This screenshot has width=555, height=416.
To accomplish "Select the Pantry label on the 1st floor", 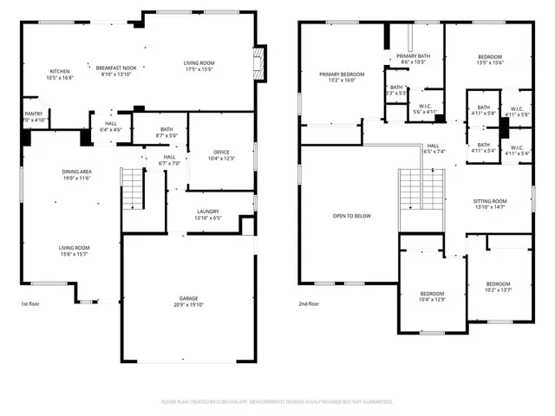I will click(x=34, y=114).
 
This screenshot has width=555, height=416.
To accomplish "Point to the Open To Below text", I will click(x=352, y=216).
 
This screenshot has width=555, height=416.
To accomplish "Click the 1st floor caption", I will click(x=31, y=304).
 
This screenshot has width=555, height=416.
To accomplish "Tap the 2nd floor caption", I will click(x=309, y=304).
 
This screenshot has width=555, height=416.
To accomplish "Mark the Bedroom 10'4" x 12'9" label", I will click(x=432, y=296).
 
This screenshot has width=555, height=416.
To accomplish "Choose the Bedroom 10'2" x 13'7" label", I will click(x=498, y=287).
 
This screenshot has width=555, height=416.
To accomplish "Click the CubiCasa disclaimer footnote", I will click(x=277, y=402).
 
